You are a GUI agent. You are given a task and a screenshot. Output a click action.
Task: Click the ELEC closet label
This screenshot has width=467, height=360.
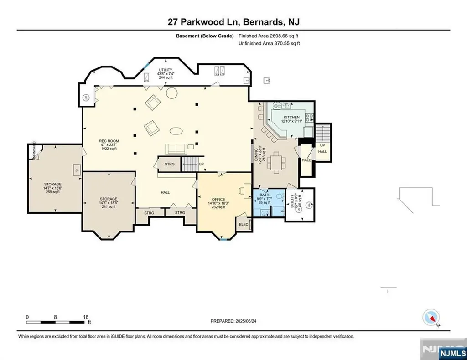[244, 224]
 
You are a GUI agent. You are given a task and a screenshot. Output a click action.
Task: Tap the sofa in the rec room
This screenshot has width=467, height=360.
[176, 149]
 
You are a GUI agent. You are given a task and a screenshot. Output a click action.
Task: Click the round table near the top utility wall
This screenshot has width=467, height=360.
[171, 93]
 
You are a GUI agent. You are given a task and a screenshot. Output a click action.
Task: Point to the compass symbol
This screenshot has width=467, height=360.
[431, 317]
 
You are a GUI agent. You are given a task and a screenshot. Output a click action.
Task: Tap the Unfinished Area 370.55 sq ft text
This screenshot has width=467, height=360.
[269, 43]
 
